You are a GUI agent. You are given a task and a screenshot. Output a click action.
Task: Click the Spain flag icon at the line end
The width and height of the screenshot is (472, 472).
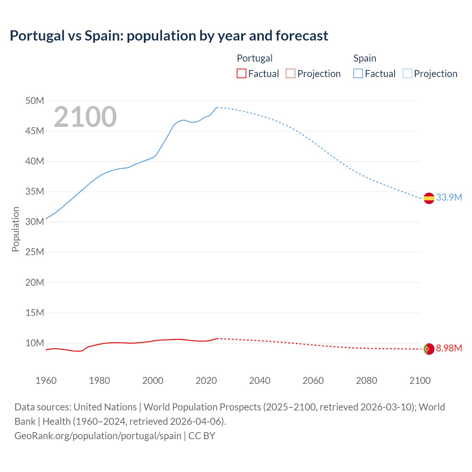(429, 198)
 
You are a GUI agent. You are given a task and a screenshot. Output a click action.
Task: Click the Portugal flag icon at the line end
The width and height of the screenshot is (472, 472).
(429, 349)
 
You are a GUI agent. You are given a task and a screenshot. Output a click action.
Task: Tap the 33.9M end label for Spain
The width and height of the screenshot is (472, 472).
(449, 198)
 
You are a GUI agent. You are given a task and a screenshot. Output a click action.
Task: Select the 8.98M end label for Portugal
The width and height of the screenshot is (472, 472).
(449, 348)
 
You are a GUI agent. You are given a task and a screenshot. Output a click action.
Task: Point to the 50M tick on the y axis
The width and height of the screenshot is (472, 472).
(35, 101)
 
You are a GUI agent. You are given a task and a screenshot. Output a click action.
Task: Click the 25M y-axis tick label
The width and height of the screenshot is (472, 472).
(35, 252)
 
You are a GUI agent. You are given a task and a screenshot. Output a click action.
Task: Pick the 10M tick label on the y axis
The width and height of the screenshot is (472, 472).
(35, 343)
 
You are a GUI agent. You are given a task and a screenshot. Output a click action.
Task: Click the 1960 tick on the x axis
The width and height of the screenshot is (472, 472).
(46, 381)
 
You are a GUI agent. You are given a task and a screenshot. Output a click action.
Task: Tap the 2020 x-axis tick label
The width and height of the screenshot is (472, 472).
(206, 381)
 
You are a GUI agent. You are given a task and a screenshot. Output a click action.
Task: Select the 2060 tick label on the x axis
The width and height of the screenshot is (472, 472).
(313, 381)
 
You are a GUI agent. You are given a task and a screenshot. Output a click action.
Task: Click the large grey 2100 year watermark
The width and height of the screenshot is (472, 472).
(85, 117)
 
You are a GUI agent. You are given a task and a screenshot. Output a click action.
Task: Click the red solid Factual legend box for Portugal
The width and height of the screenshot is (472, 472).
(241, 74)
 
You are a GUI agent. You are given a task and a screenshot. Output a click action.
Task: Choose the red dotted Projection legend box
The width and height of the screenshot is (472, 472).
(291, 74)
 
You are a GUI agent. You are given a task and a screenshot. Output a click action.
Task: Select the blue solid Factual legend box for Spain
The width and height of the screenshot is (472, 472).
(358, 74)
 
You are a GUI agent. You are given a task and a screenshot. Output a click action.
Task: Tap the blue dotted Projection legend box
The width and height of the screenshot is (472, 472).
(407, 74)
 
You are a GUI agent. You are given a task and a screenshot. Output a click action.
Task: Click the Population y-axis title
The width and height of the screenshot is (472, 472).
(15, 229)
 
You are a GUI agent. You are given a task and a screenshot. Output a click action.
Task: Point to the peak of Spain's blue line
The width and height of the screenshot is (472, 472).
(217, 107)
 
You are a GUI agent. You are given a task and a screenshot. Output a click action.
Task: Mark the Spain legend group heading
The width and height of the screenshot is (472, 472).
(365, 58)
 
